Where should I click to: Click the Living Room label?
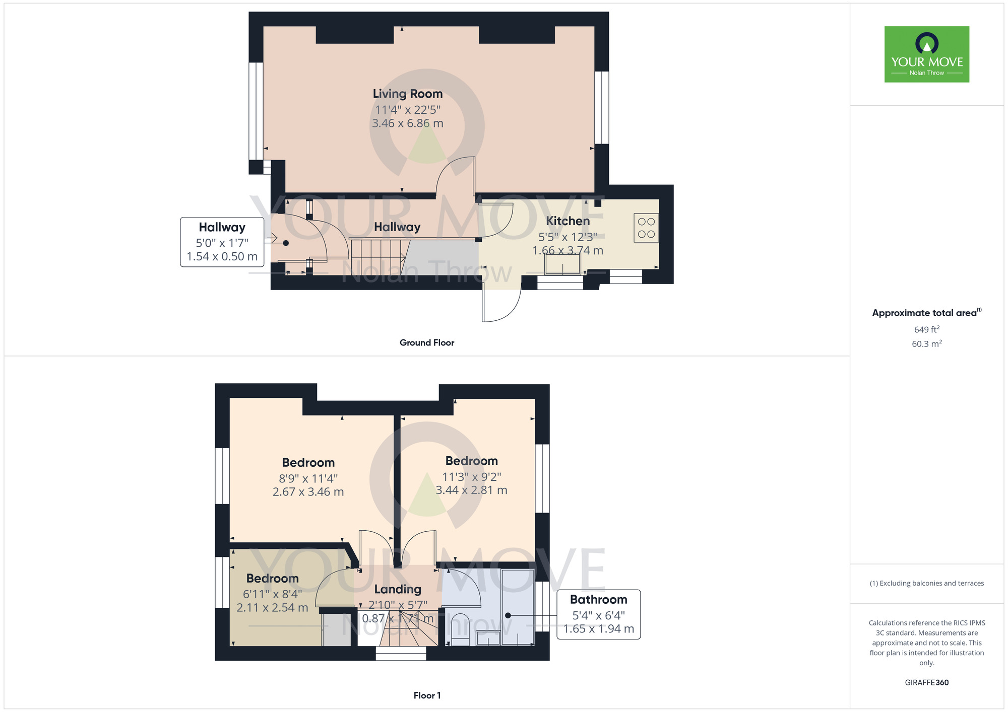click(408, 94)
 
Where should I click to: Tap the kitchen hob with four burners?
click(646, 228)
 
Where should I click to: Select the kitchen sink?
click(562, 264)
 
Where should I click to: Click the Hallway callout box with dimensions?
click(222, 242)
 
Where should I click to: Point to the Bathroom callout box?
click(599, 614)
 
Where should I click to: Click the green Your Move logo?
click(927, 54)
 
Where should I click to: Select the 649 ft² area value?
click(927, 329)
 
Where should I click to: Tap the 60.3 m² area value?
click(927, 344)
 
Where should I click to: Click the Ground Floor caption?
click(427, 343)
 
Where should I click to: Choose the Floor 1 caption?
click(427, 695)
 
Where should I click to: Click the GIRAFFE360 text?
click(927, 683)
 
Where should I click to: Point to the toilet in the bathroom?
click(460, 629)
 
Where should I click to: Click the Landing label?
click(398, 589)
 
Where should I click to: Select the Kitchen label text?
click(568, 221)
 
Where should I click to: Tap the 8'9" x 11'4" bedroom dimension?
click(308, 478)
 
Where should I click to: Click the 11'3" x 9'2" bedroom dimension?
click(472, 477)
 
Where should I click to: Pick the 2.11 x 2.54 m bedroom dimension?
click(273, 608)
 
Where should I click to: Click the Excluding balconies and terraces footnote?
click(927, 584)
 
